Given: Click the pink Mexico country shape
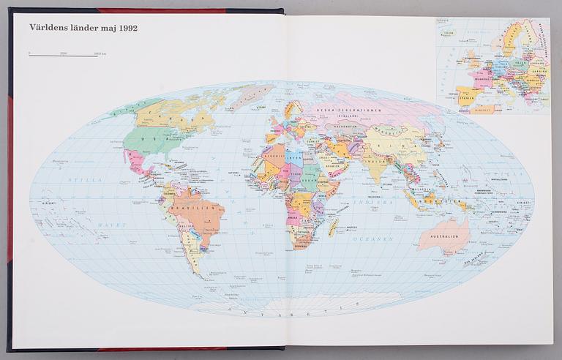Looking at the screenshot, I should pyautogui.click(x=136, y=162).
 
